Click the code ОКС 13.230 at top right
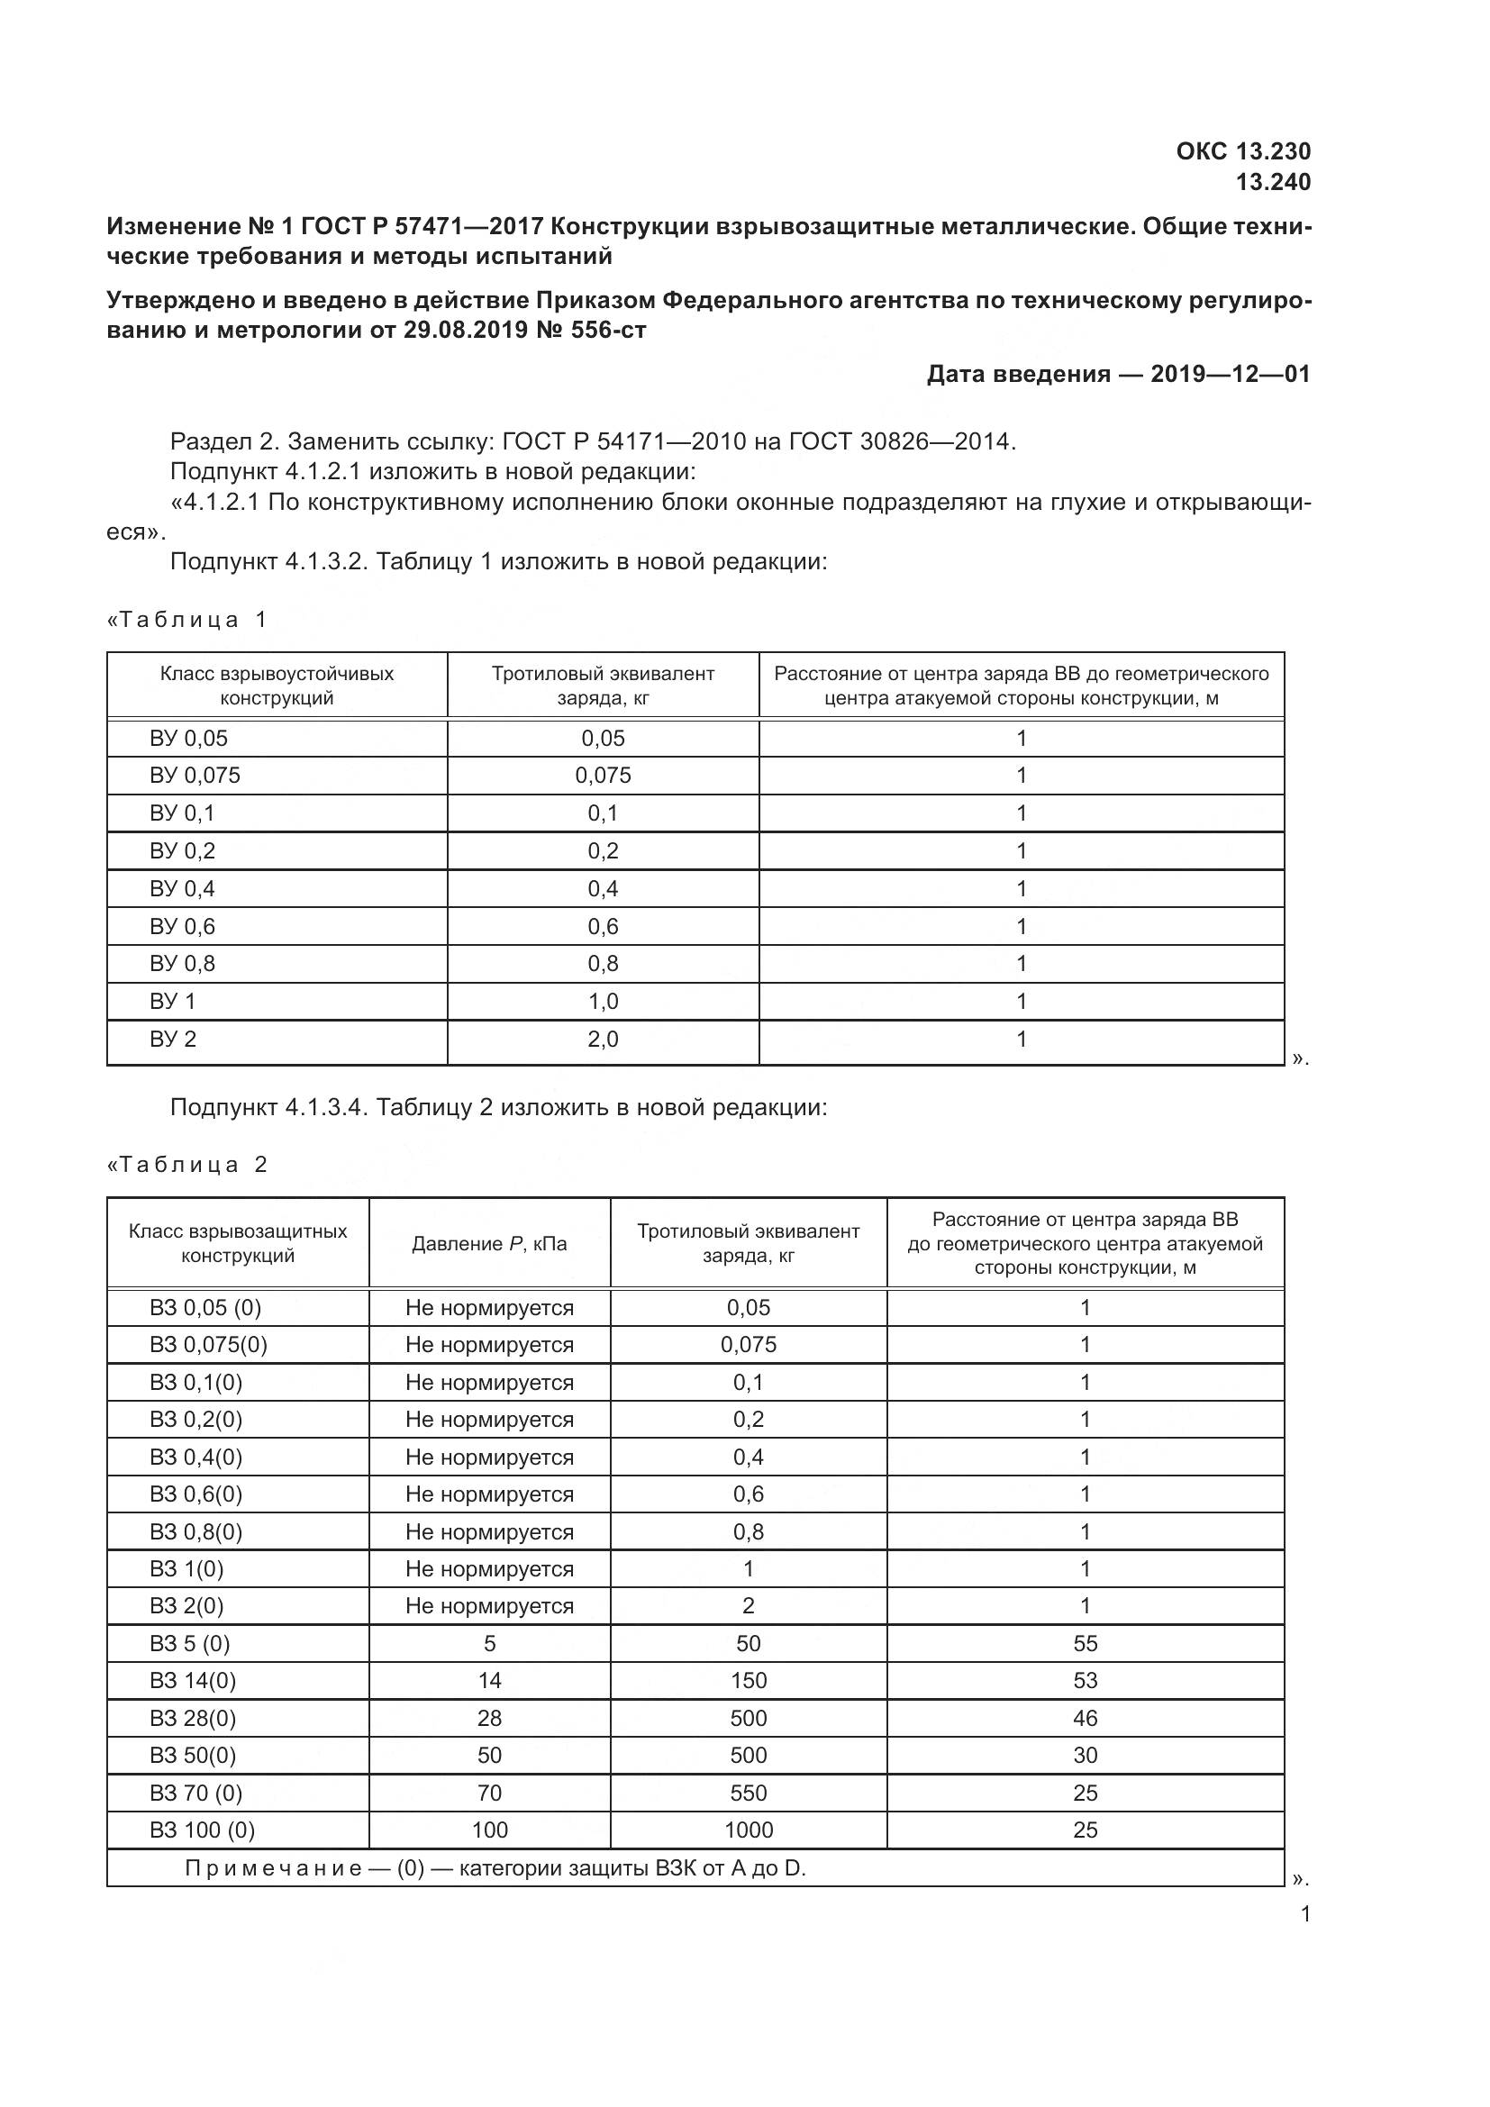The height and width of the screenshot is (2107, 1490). point(1242,150)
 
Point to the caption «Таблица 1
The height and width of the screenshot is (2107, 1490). point(187,620)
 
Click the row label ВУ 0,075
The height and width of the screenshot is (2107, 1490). point(195,776)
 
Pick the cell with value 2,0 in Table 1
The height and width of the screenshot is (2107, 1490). point(603,1039)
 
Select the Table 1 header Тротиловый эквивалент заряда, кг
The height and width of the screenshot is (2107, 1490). point(603,686)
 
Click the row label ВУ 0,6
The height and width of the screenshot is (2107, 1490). point(182,926)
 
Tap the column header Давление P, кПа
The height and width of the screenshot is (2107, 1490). point(489,1243)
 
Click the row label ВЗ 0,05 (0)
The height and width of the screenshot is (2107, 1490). point(204,1307)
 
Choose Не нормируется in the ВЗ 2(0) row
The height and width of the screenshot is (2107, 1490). point(489,1605)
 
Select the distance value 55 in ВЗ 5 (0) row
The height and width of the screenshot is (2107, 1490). point(1085,1643)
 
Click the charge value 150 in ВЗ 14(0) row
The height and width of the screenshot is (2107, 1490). point(748,1680)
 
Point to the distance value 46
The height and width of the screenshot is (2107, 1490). point(1085,1718)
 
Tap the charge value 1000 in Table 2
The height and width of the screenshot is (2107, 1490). point(748,1830)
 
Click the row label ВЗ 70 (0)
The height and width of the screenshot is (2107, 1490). point(195,1793)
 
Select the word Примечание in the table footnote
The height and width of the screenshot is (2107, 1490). point(272,1867)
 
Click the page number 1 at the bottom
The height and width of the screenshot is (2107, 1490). point(1304,1914)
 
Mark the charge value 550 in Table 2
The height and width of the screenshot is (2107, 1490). point(748,1793)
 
